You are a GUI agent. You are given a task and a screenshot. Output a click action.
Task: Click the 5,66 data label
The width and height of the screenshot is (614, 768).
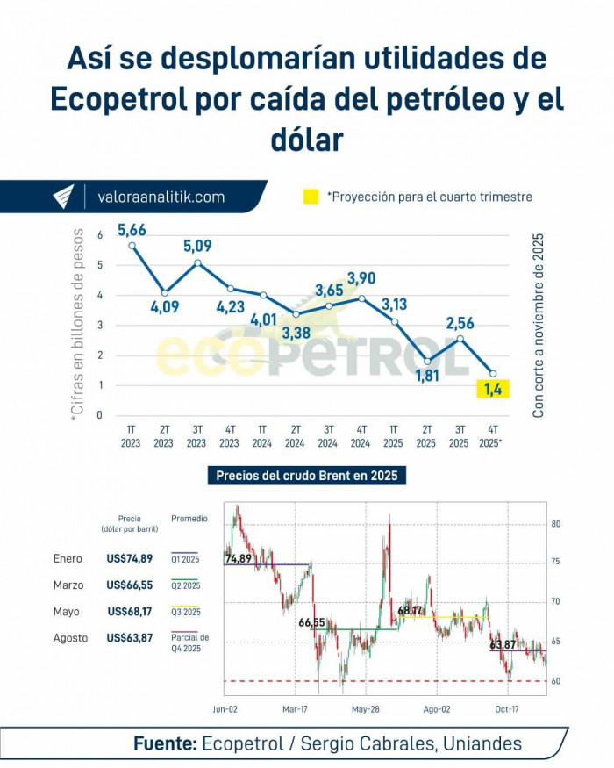point(132,231)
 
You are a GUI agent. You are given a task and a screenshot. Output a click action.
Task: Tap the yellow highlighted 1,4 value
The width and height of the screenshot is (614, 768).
point(493,389)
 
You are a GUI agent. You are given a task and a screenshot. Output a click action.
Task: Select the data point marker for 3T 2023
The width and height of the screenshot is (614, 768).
point(197,262)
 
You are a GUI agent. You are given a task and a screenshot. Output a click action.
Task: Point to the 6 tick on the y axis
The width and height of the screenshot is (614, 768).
point(100,234)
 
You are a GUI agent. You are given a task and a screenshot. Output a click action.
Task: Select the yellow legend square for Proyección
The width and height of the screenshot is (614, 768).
point(311,197)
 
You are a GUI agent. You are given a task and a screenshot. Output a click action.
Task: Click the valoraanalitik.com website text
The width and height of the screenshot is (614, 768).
point(161,197)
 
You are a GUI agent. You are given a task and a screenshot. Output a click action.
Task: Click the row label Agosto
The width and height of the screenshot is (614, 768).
point(71,638)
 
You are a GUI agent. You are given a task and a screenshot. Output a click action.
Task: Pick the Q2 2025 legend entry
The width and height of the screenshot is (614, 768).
point(185,585)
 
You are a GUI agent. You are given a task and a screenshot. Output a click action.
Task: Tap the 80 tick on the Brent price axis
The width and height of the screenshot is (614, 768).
point(556,525)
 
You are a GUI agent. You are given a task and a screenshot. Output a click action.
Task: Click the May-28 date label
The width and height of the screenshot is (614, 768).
point(365,707)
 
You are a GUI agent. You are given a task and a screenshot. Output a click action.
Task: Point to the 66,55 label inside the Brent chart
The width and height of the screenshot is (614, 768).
point(311,622)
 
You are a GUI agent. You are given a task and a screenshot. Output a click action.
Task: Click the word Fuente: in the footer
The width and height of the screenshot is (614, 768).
point(165,744)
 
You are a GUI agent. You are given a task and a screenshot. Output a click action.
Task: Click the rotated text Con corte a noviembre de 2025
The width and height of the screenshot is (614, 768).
point(539,325)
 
